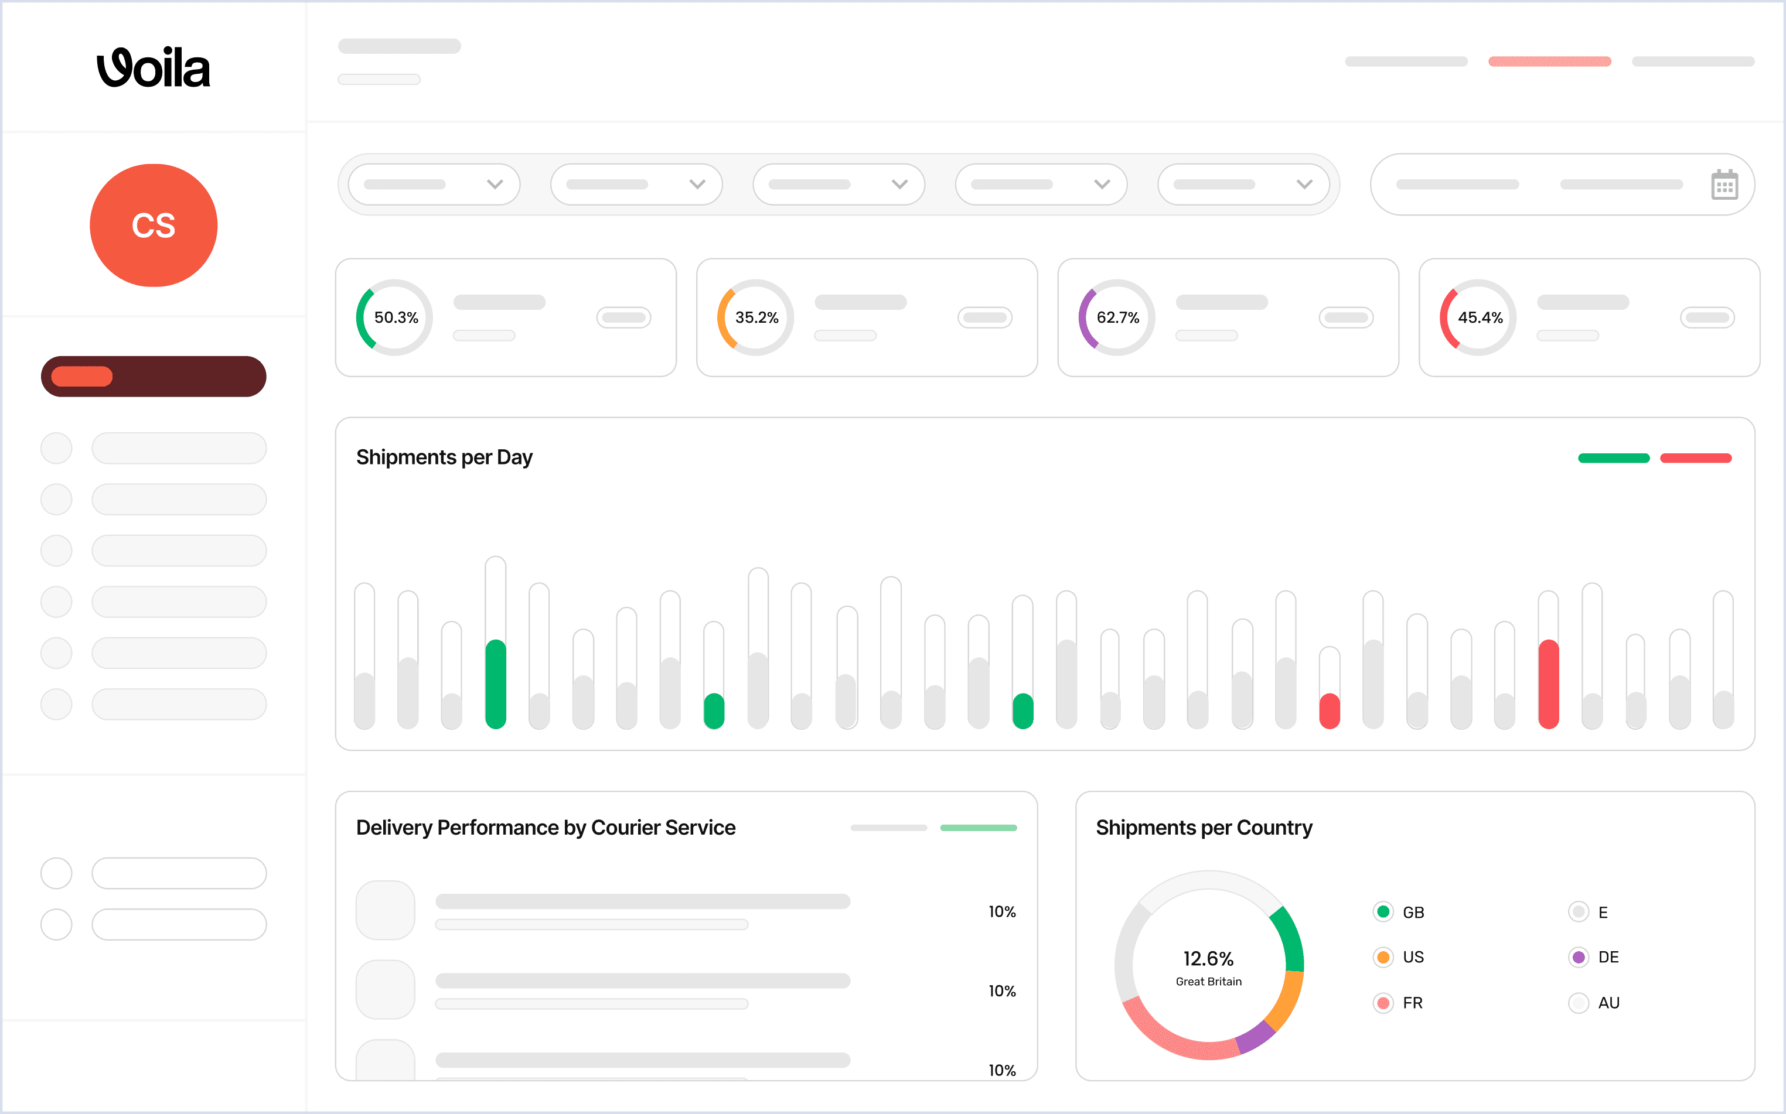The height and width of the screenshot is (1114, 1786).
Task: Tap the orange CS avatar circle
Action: coord(154,225)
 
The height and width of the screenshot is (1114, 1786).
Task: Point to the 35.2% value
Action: coord(756,317)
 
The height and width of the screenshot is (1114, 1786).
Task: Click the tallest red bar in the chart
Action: coord(1549,684)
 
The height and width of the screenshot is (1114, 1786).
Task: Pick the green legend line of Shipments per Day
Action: coord(1614,458)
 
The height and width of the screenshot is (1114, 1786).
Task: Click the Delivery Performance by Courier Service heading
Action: coord(546,828)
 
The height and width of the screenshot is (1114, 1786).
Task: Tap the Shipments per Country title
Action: coord(1204,828)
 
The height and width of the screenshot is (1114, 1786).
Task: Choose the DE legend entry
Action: coord(1594,957)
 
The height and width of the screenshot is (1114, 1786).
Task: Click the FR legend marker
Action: coord(1383,1003)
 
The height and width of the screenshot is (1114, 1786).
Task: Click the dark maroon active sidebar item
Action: coord(154,377)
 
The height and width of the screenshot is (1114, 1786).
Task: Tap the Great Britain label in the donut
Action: coord(1208,982)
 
